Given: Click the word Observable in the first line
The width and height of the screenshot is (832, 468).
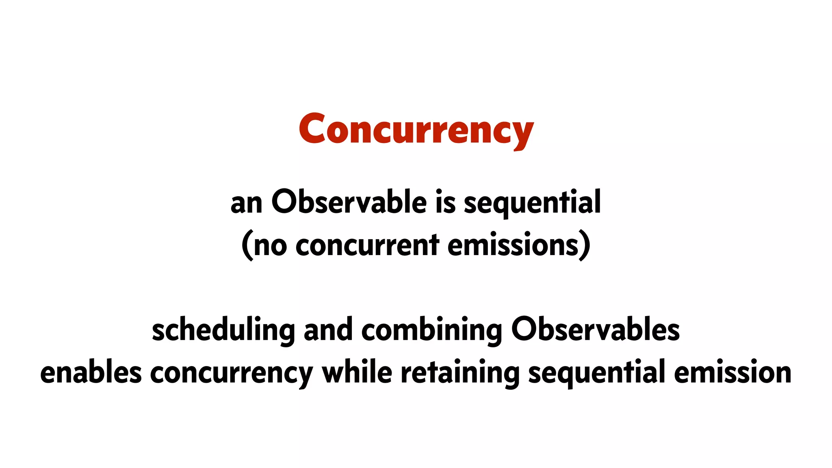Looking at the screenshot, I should point(349,202).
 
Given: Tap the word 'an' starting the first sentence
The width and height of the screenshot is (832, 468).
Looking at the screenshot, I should point(246,204).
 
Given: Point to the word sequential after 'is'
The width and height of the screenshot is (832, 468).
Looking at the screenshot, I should point(532,203).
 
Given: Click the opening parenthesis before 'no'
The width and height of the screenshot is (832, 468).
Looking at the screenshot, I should point(247,245).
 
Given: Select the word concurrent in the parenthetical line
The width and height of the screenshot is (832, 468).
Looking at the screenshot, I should point(367,245).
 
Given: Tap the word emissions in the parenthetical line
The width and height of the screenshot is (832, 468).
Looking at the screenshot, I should point(513,245).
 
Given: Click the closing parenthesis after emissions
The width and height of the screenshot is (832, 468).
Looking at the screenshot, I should point(585,245).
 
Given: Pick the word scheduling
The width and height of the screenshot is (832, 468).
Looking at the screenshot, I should point(223,330).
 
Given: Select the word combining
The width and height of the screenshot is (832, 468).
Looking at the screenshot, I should point(431,330).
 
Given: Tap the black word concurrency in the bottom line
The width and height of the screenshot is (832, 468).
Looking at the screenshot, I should point(232,373).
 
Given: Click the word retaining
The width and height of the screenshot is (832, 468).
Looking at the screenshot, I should point(460,373).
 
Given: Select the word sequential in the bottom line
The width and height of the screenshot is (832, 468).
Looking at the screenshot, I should point(596,373).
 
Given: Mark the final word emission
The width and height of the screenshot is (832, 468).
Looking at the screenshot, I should point(732,372).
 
